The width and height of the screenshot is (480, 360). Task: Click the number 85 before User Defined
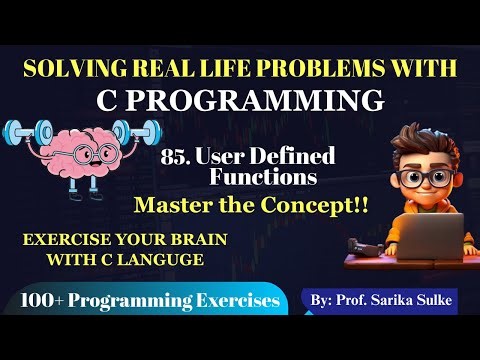(x=172, y=157)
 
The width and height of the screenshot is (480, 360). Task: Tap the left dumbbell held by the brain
(x=22, y=134)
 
